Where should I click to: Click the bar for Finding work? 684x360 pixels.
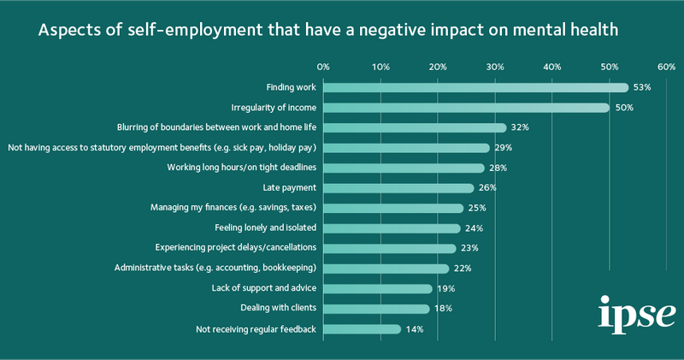point(475,87)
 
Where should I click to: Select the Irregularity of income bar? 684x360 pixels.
point(466,108)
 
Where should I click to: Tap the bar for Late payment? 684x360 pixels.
point(398,188)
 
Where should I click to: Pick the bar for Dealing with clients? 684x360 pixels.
point(376,309)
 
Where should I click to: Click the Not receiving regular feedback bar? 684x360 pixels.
point(362,329)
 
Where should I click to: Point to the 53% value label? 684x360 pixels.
point(642,87)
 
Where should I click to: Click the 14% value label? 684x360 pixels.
point(415,329)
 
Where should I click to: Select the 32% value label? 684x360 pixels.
point(520,127)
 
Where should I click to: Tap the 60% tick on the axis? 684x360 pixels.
point(666,66)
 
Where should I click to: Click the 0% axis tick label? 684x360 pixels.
point(323,66)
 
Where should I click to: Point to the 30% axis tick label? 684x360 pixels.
point(495,66)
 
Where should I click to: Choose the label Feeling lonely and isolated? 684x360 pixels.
point(265,228)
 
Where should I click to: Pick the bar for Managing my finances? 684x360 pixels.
point(393,208)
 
